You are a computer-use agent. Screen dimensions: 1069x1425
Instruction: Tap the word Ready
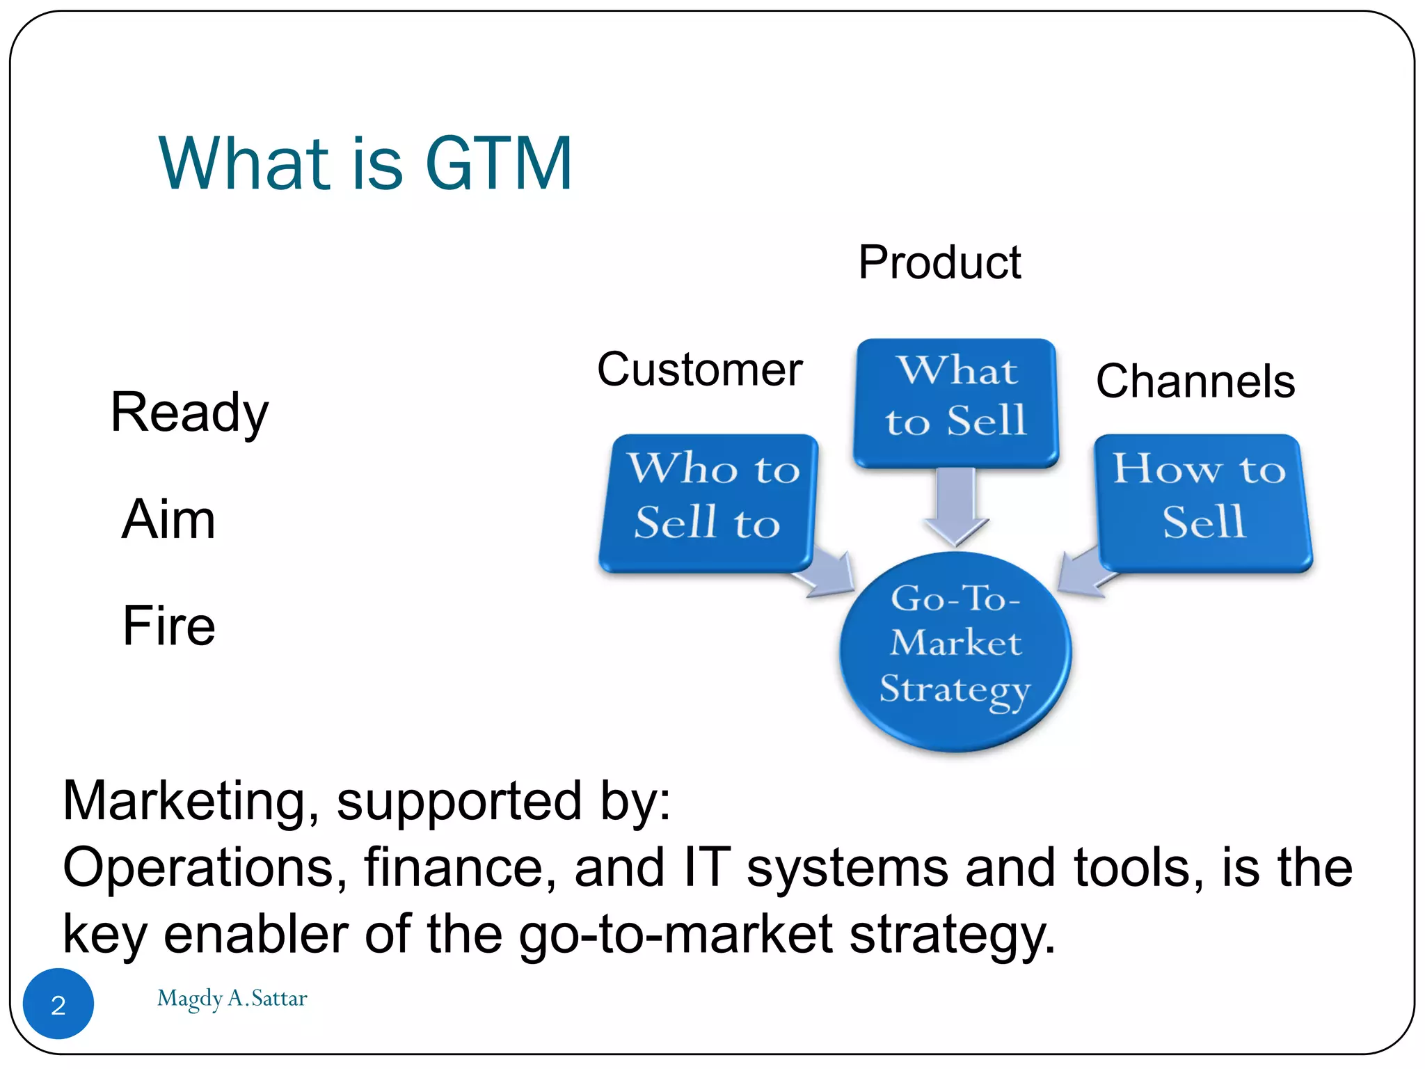click(189, 413)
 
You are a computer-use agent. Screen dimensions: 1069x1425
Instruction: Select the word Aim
click(168, 519)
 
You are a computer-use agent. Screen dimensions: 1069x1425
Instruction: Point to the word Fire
click(168, 625)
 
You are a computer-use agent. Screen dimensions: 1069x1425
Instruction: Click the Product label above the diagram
click(939, 262)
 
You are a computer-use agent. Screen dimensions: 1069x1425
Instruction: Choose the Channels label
click(1195, 381)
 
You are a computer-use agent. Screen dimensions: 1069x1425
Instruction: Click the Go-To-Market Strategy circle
click(955, 651)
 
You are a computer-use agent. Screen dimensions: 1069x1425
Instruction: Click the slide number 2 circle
click(58, 1004)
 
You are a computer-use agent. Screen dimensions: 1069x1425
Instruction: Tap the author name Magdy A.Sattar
click(232, 999)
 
